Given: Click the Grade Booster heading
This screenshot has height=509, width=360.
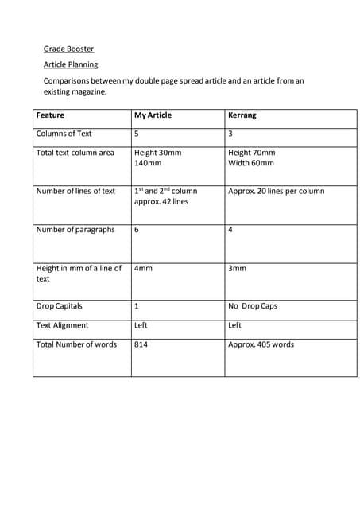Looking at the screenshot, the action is point(68,49).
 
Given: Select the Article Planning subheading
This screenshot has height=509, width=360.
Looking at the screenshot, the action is point(71,64).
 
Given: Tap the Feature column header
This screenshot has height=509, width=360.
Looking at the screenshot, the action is point(50,115).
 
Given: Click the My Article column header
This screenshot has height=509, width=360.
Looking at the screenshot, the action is point(153,115).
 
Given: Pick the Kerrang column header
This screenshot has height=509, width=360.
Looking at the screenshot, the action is point(242,115).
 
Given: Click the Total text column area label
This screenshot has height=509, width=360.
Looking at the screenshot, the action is point(75,153).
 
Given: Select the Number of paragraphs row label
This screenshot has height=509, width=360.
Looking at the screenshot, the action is point(75,230).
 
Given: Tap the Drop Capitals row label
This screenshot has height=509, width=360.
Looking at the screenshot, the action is point(59,306).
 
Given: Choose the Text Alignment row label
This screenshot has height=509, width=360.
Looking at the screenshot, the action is point(62,325).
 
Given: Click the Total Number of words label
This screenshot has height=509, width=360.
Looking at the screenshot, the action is point(76,344).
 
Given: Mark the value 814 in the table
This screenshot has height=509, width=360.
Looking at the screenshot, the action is point(141,344).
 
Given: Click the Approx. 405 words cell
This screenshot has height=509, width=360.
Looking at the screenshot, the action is point(261,344).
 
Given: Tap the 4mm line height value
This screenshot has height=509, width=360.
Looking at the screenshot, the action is point(143,269).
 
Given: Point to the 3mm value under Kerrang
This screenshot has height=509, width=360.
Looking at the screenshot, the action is point(237,269).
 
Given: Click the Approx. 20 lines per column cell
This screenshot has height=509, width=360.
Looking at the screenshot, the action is point(276,191).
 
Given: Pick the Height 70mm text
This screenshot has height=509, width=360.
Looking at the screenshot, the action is point(251,153).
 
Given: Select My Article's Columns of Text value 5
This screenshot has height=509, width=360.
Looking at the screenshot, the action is point(137,134).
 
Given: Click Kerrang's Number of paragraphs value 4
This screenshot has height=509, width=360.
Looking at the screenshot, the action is point(230,230).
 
